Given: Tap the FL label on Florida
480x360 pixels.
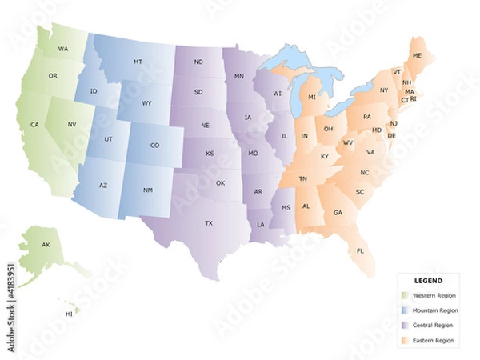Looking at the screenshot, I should (360, 250).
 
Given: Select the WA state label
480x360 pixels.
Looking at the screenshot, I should (62, 50).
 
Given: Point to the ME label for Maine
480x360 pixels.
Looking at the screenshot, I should (417, 55).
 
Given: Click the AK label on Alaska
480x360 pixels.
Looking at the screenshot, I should (46, 244).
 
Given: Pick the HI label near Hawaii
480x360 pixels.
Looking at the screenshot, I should (69, 314).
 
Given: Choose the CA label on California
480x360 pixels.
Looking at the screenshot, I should (35, 125).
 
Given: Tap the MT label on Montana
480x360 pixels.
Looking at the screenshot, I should (138, 62).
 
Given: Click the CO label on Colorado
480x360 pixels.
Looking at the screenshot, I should (154, 146).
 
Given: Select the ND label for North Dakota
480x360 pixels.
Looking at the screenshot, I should (198, 62).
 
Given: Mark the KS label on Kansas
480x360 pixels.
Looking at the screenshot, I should (210, 154).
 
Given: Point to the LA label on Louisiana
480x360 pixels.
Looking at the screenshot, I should (261, 225).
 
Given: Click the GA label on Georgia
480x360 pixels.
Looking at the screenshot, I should (338, 213).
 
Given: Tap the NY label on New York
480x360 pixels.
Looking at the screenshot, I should (384, 90).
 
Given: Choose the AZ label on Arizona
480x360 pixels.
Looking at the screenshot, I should (103, 186).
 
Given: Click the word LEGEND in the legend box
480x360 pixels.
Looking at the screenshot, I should (428, 281).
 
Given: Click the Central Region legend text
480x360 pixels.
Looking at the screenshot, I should (433, 326).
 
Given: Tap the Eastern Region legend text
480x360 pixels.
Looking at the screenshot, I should (433, 340).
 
